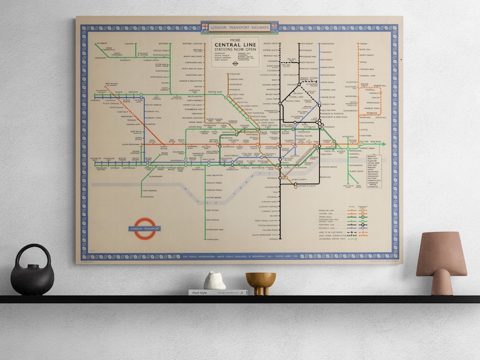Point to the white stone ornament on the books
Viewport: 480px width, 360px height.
214,281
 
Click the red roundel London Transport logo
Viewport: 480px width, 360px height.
145,229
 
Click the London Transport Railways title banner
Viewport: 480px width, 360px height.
239,27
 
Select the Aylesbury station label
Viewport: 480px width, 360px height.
101,43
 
